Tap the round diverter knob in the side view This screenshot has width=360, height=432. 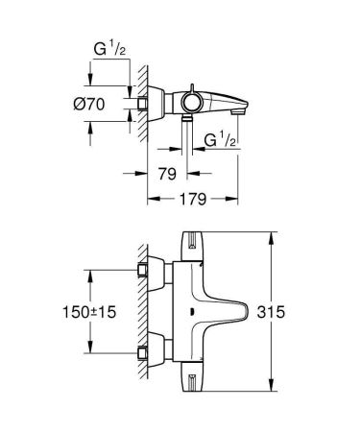point(194,98)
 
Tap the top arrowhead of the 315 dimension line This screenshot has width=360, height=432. point(275,235)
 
